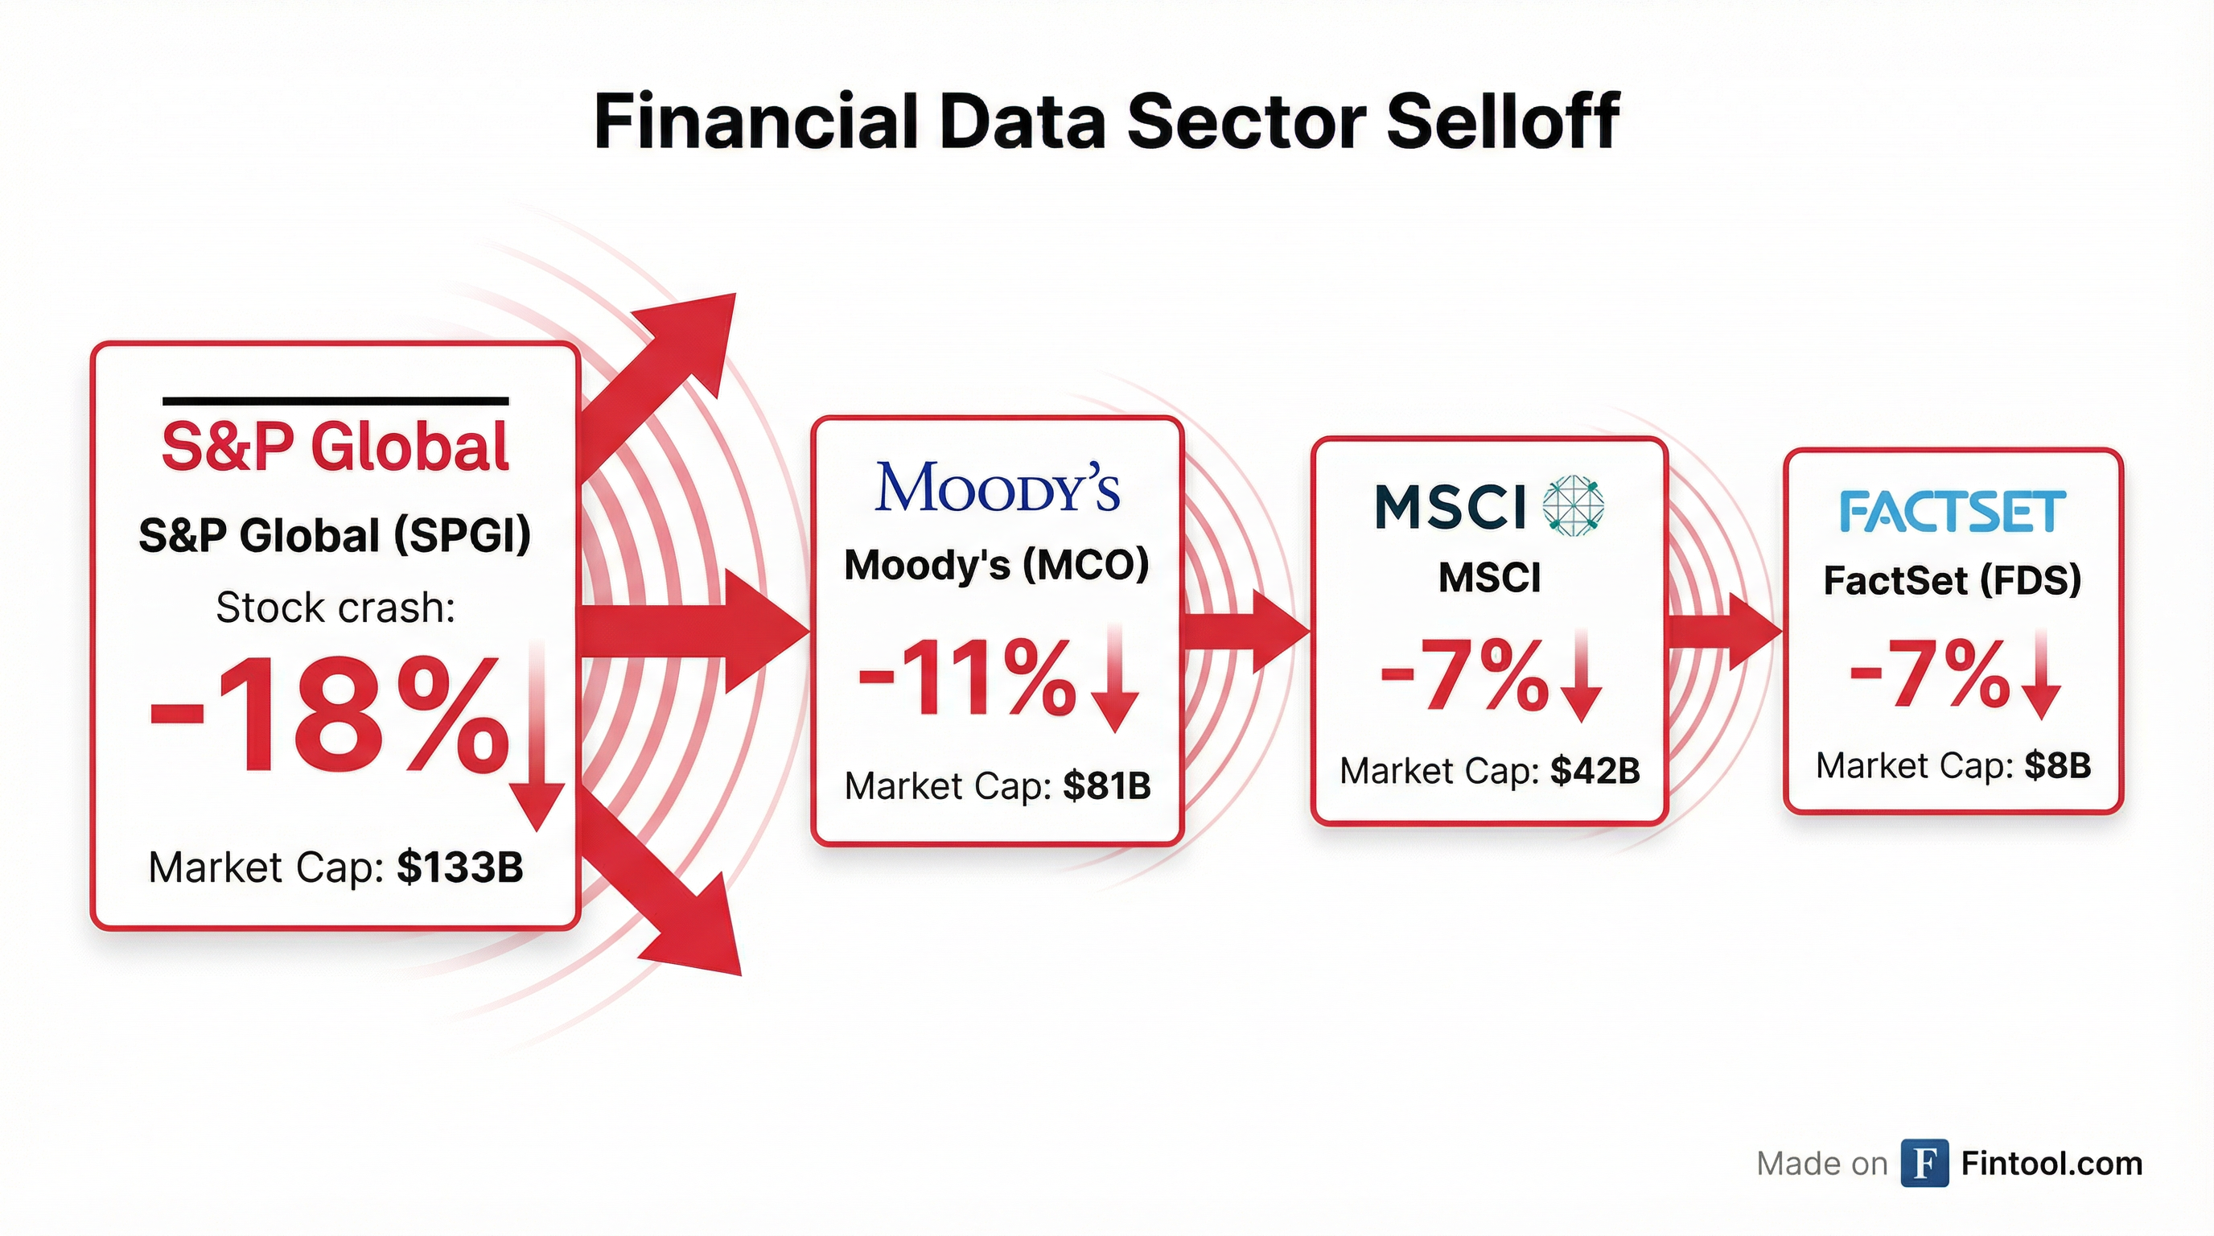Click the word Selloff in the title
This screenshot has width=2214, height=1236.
tap(1502, 122)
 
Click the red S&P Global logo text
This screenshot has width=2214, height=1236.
tap(335, 447)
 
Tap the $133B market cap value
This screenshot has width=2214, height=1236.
tap(460, 867)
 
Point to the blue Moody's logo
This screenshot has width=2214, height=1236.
tap(997, 488)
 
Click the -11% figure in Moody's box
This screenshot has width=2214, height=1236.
tap(967, 679)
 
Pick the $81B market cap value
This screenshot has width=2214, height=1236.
tap(1106, 785)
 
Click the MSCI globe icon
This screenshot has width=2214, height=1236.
tap(1573, 505)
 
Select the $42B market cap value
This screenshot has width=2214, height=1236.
tap(1595, 771)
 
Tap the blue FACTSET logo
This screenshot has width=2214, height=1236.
tap(1952, 512)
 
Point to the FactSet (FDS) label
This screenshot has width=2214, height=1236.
tap(1952, 580)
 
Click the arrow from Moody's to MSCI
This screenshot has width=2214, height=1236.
tap(1246, 632)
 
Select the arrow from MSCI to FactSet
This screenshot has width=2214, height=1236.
tap(1723, 632)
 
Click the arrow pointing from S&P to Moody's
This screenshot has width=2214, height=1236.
tap(696, 632)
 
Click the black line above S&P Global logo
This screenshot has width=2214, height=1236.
tap(335, 401)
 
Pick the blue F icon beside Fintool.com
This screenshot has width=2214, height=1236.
tap(1924, 1163)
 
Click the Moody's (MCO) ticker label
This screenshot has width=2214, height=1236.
tap(996, 565)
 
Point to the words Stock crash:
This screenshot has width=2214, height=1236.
tap(335, 608)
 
